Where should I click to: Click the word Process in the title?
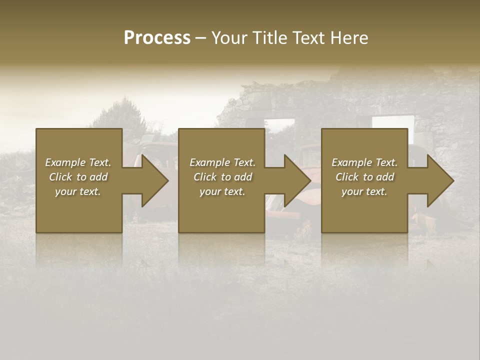tap(157, 38)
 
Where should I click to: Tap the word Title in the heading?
tap(270, 38)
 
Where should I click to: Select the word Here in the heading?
tap(349, 38)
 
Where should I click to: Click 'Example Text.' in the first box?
tap(78, 162)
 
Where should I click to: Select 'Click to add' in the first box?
tap(78, 177)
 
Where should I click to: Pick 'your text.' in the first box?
tap(78, 191)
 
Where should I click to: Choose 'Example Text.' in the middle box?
tap(222, 162)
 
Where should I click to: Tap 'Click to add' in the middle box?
tap(222, 177)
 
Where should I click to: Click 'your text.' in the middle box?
tap(222, 191)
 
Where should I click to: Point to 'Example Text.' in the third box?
tap(364, 162)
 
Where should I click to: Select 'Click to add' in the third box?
tap(364, 177)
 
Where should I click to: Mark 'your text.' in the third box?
tap(364, 191)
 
